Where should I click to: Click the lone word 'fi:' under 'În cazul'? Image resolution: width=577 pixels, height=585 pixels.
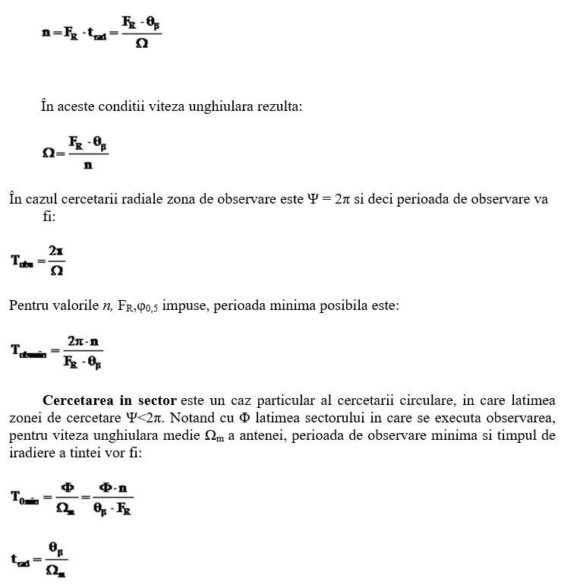49,217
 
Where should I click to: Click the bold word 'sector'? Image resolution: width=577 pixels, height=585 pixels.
158,400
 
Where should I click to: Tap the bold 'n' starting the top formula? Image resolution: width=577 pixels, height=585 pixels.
46,33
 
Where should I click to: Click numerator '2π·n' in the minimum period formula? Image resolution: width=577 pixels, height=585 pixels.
83,340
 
